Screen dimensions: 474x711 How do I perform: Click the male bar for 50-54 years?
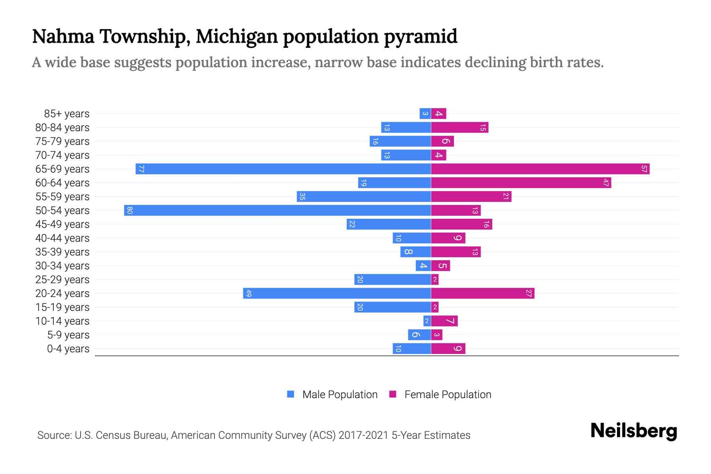click(x=277, y=210)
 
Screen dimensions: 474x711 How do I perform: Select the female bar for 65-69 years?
click(x=540, y=169)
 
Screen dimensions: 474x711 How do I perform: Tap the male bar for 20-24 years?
click(x=337, y=293)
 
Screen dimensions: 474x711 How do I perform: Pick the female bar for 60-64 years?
click(x=521, y=183)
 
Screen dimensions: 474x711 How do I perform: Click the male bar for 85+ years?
click(x=425, y=114)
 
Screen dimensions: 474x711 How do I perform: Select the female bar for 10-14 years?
click(x=444, y=321)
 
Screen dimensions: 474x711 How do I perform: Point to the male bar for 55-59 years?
click(x=364, y=197)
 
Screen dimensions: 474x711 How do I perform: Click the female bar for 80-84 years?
click(x=459, y=128)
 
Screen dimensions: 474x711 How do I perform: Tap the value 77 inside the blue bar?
click(x=141, y=169)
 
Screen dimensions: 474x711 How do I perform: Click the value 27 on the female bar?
click(x=529, y=293)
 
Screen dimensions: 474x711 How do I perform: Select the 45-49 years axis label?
click(x=62, y=224)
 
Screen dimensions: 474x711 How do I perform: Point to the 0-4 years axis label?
click(x=68, y=349)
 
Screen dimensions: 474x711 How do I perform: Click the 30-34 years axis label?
click(x=62, y=266)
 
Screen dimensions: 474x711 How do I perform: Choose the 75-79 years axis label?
click(x=62, y=141)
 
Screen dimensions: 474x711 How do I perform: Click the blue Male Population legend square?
click(x=291, y=394)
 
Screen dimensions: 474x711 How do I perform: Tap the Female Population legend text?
click(x=448, y=395)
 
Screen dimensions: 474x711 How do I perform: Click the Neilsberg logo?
click(x=634, y=431)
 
